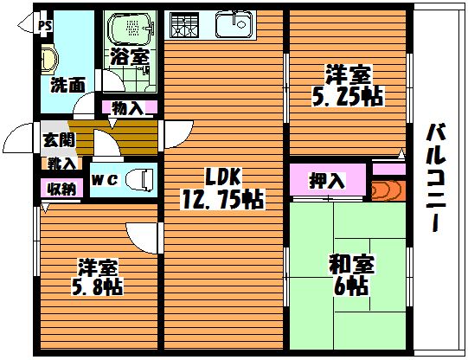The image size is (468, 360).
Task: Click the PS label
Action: [45, 26]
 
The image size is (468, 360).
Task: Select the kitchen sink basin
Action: [234, 25]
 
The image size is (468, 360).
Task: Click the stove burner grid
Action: [184, 25]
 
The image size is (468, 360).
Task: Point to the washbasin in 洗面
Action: [49, 60]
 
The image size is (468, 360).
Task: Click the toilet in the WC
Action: [139, 179]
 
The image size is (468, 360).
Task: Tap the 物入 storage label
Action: [128, 108]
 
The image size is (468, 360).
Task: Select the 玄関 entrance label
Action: [59, 139]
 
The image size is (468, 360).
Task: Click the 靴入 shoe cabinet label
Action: [61, 164]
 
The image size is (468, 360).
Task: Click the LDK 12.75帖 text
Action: [222, 189]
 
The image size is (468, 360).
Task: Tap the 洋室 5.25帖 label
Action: [348, 86]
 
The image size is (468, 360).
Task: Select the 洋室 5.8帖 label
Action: [97, 277]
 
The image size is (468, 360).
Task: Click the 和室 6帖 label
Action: [350, 275]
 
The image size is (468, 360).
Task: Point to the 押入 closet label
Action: [327, 180]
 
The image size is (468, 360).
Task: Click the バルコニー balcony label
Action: [436, 177]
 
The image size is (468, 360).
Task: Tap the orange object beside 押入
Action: [388, 190]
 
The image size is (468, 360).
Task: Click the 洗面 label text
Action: [67, 85]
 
